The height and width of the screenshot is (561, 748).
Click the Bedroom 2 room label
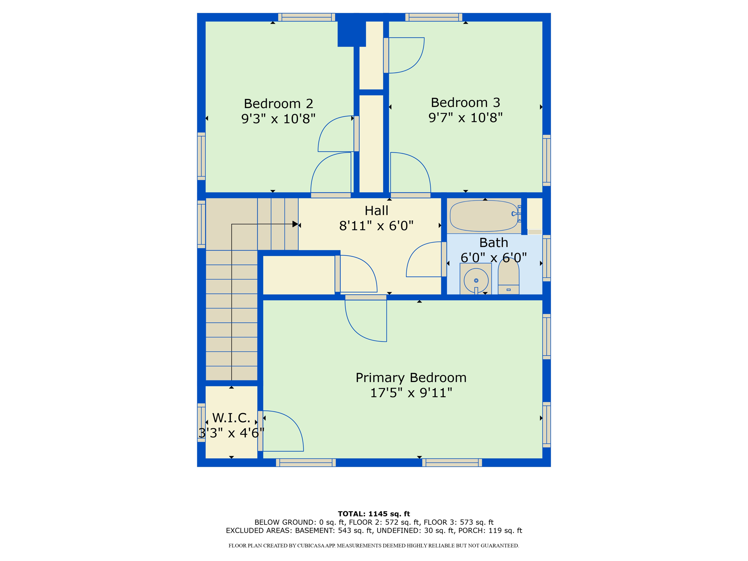pos(278,104)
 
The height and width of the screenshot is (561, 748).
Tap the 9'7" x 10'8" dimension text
pos(465,118)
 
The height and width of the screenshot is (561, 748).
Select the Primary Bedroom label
pos(411,378)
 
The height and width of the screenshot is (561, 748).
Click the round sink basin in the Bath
pos(476,280)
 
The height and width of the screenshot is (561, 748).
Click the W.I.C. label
pos(231,418)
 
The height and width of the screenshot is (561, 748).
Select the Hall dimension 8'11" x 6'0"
pos(376,226)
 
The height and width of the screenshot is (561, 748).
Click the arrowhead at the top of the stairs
pos(295,224)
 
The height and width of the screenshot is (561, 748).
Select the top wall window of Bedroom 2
pos(306,17)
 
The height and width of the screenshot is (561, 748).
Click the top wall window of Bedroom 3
pos(434,17)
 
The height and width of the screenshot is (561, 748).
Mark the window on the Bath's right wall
pos(546,258)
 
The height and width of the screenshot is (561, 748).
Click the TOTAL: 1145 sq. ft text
pos(374,514)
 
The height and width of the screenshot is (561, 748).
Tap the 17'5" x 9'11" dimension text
pos(411,393)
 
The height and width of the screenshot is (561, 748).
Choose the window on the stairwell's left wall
pos(201,224)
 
